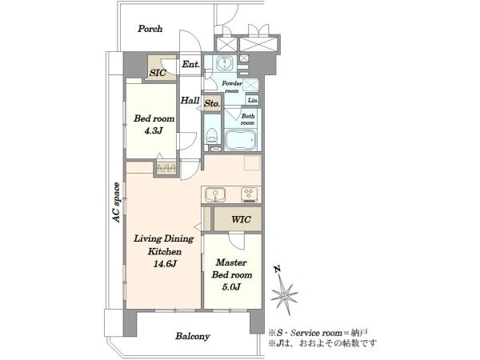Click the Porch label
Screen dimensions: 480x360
150,29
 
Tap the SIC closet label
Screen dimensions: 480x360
158,73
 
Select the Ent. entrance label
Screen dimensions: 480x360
190,64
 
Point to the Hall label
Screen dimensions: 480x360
190,100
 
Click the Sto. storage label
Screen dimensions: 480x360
212,103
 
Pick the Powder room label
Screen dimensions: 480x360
232,87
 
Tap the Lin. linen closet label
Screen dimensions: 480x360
253,100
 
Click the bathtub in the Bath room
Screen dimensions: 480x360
240,141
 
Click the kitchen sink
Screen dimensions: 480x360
215,194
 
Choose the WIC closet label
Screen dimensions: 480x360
242,219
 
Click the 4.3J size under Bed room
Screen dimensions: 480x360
154,131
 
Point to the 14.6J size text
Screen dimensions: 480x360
165,263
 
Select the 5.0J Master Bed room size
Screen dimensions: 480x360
231,287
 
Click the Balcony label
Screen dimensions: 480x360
193,336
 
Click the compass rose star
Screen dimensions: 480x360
285,295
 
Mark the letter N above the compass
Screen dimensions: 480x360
278,270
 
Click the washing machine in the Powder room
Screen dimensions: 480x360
226,64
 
